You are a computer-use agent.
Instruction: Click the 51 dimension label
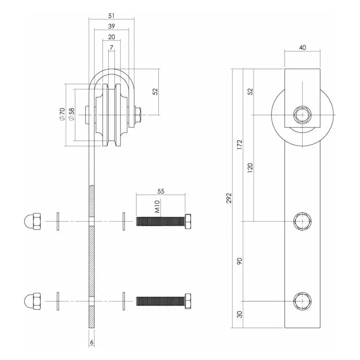(111, 15)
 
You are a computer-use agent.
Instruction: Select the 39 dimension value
(111, 26)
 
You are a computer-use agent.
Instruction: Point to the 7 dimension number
(111, 48)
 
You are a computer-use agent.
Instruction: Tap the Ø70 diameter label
(62, 114)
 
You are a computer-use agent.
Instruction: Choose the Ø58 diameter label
(71, 114)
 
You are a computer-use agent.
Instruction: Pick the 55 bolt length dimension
(161, 192)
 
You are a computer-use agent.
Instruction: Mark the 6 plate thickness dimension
(91, 343)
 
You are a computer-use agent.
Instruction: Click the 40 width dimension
(302, 48)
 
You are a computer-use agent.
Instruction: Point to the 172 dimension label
(239, 144)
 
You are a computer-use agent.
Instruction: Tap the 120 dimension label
(250, 168)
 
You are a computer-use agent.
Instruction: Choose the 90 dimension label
(239, 261)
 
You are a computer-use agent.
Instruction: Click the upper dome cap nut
(33, 221)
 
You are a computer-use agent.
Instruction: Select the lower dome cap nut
(33, 301)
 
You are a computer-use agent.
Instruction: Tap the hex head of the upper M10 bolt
(188, 221)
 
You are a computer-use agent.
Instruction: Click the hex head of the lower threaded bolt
(188, 301)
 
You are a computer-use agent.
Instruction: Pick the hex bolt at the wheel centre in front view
(302, 115)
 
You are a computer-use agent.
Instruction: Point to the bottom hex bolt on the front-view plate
(302, 301)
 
